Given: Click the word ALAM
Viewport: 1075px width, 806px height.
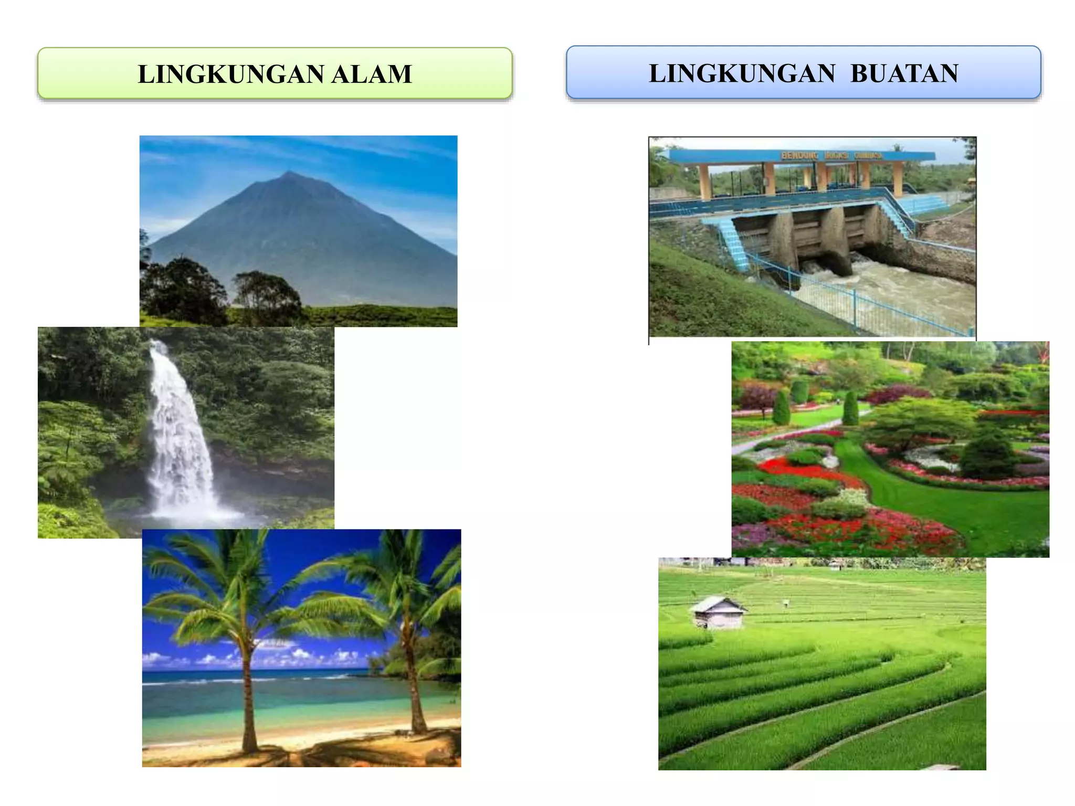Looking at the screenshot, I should click(371, 74).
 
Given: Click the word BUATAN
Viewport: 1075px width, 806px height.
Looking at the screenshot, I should click(904, 73).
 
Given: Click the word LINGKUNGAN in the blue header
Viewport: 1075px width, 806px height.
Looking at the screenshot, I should click(742, 73).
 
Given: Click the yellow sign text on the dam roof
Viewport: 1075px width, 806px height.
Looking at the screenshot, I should click(831, 155).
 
